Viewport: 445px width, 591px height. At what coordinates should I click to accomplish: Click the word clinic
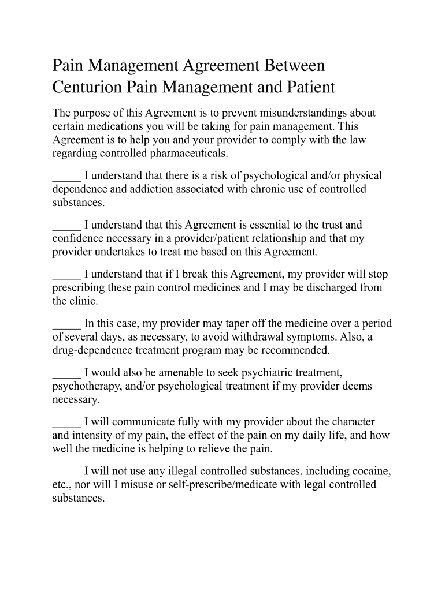[84, 301]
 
